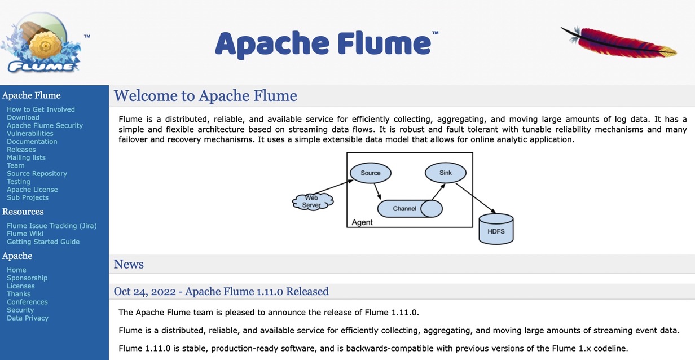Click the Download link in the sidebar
coord(23,117)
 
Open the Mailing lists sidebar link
coord(26,157)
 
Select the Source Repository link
coord(37,173)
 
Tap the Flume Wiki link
coord(25,234)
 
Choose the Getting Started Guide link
coord(43,242)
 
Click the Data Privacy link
coord(28,318)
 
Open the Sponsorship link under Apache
coord(27,278)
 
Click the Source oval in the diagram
coord(371,173)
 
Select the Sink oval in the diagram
coord(446,173)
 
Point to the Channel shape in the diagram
coord(410,209)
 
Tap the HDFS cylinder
coord(496,229)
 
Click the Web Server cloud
coord(313,201)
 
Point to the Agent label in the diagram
coord(362,222)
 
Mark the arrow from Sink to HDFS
coord(476,198)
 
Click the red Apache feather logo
coord(619,42)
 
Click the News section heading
coord(129,264)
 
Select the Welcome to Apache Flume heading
coord(205,95)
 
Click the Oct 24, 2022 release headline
coord(221,291)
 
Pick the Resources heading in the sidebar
coord(23,212)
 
